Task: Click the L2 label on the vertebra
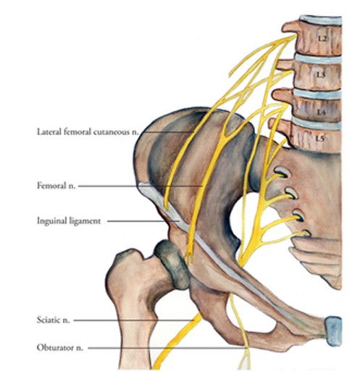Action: pyautogui.click(x=322, y=38)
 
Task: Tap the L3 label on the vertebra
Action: pyautogui.click(x=321, y=75)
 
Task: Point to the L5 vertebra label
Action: pyautogui.click(x=319, y=138)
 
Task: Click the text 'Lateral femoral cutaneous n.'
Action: pyautogui.click(x=88, y=132)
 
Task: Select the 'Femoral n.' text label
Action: pyautogui.click(x=56, y=186)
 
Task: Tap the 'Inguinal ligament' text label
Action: pyautogui.click(x=69, y=221)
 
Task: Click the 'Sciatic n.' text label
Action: pyautogui.click(x=53, y=320)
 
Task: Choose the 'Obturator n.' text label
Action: pyautogui.click(x=60, y=348)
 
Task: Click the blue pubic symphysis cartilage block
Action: pyautogui.click(x=333, y=331)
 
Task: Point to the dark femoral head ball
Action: pyautogui.click(x=172, y=265)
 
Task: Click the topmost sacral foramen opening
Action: pyautogui.click(x=282, y=173)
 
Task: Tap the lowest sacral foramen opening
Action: pyautogui.click(x=305, y=233)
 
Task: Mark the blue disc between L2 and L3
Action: pyautogui.click(x=318, y=59)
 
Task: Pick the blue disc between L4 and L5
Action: pyautogui.click(x=317, y=124)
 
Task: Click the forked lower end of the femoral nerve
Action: pyautogui.click(x=189, y=257)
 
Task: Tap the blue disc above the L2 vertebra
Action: pyautogui.click(x=320, y=20)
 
